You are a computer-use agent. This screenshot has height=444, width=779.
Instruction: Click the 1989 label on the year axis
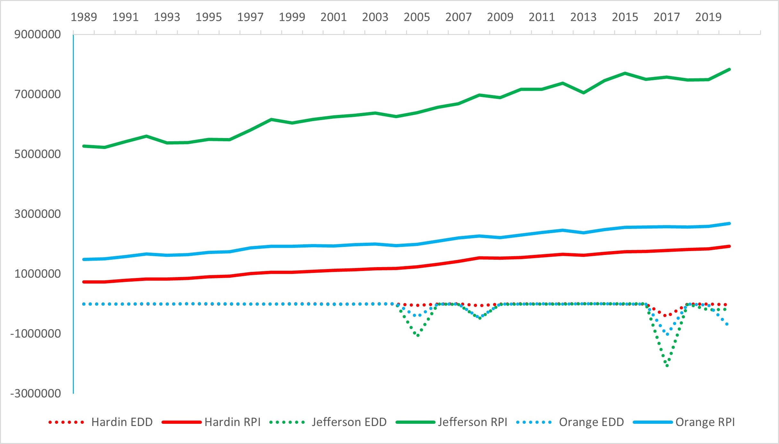pyautogui.click(x=84, y=17)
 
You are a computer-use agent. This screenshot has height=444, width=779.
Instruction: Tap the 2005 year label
pyautogui.click(x=417, y=17)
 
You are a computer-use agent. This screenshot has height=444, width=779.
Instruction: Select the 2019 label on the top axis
pyautogui.click(x=708, y=17)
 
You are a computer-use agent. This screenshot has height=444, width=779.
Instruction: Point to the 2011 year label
pyautogui.click(x=541, y=17)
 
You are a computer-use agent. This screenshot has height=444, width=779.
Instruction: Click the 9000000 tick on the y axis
pyautogui.click(x=38, y=34)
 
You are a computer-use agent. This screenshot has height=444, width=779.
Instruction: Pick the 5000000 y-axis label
pyautogui.click(x=38, y=154)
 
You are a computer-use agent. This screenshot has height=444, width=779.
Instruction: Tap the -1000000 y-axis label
pyautogui.click(x=36, y=334)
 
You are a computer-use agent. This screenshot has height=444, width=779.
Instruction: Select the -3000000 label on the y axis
pyautogui.click(x=36, y=393)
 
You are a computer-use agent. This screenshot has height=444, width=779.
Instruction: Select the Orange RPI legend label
pyautogui.click(x=705, y=422)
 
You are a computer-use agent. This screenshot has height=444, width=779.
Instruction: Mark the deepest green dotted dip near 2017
pyautogui.click(x=667, y=366)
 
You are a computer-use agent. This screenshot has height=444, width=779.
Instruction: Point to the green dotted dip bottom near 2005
pyautogui.click(x=418, y=335)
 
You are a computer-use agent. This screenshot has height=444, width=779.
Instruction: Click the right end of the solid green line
pyautogui.click(x=729, y=69)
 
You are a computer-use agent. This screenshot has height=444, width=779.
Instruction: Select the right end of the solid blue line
pyautogui.click(x=729, y=223)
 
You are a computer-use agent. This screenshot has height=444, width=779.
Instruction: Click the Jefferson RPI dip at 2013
pyautogui.click(x=583, y=93)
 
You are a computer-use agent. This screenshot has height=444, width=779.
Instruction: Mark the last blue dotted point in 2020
pyautogui.click(x=727, y=325)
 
